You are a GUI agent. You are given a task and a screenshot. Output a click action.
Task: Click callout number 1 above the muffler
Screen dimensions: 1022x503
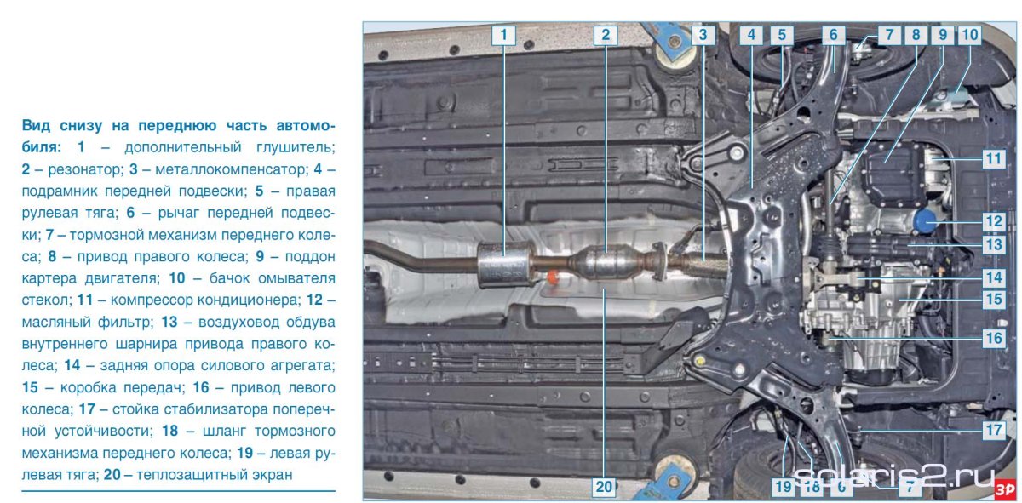(503, 35)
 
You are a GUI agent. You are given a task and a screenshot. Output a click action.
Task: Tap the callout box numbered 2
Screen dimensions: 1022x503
(606, 35)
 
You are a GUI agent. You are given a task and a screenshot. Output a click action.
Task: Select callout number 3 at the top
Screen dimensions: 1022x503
(703, 35)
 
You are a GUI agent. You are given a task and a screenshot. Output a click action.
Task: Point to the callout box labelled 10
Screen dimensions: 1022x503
(969, 35)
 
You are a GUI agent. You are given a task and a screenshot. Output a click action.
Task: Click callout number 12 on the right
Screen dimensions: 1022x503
(994, 222)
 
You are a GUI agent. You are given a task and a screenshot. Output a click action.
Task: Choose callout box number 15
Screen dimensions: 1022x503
(994, 300)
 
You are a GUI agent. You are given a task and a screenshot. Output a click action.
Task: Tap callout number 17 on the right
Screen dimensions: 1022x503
(994, 430)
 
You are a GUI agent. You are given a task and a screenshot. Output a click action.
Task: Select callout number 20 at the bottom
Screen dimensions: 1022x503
(604, 487)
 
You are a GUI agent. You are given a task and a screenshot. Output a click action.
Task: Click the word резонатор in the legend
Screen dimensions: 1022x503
(86, 169)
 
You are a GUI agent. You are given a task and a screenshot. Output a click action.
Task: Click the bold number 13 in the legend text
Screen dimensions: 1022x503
(169, 322)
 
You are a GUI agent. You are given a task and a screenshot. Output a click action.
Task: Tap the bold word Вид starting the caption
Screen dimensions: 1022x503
(36, 126)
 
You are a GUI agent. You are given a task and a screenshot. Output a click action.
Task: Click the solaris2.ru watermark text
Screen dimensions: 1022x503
(894, 478)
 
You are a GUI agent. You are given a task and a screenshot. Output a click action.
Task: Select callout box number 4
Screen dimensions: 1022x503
(751, 35)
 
